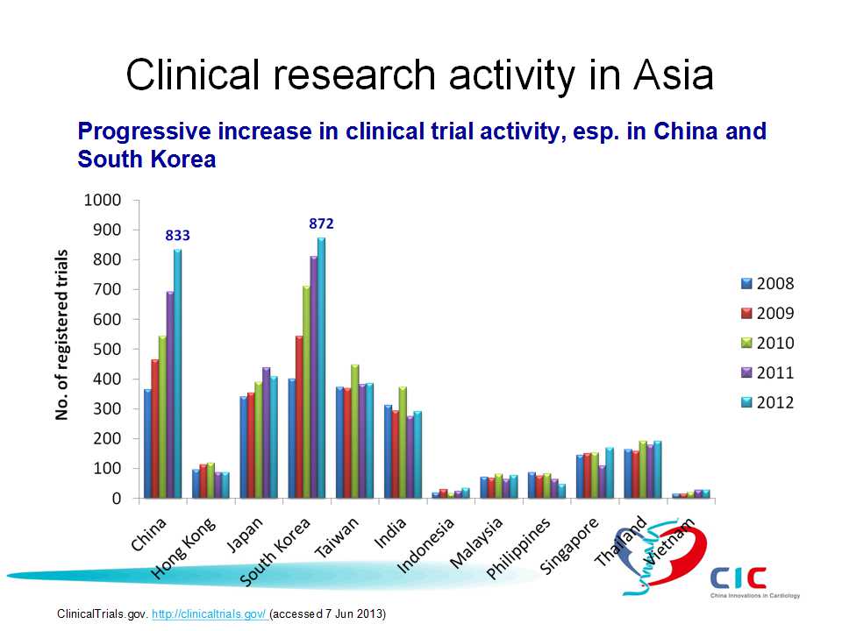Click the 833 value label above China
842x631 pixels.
pos(178,236)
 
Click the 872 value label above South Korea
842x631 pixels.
pos(321,224)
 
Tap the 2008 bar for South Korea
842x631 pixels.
pos(291,438)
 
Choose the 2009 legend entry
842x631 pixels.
pos(767,313)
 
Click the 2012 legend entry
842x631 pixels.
pos(767,402)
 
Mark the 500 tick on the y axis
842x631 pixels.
pos(105,349)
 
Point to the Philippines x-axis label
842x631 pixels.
pos(517,548)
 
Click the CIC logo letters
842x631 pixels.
pos(739,578)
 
